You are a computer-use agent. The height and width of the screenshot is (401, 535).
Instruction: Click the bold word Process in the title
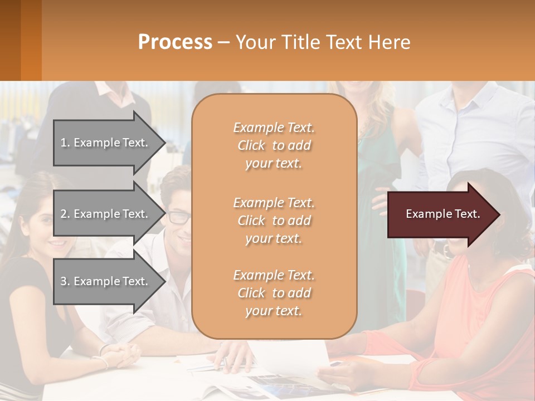coord(175,42)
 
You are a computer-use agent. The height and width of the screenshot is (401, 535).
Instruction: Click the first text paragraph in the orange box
coord(274,145)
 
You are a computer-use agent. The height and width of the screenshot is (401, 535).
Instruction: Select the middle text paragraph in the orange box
coord(274,221)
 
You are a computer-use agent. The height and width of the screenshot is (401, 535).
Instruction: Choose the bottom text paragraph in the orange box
coord(274,293)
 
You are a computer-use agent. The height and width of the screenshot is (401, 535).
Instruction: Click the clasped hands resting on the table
coord(120,353)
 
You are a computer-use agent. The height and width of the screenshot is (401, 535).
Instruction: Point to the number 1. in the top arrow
coord(65,143)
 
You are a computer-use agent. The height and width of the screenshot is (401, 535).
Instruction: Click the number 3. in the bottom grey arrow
coord(65,281)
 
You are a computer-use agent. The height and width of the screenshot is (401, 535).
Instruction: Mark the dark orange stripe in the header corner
coord(31,40)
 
